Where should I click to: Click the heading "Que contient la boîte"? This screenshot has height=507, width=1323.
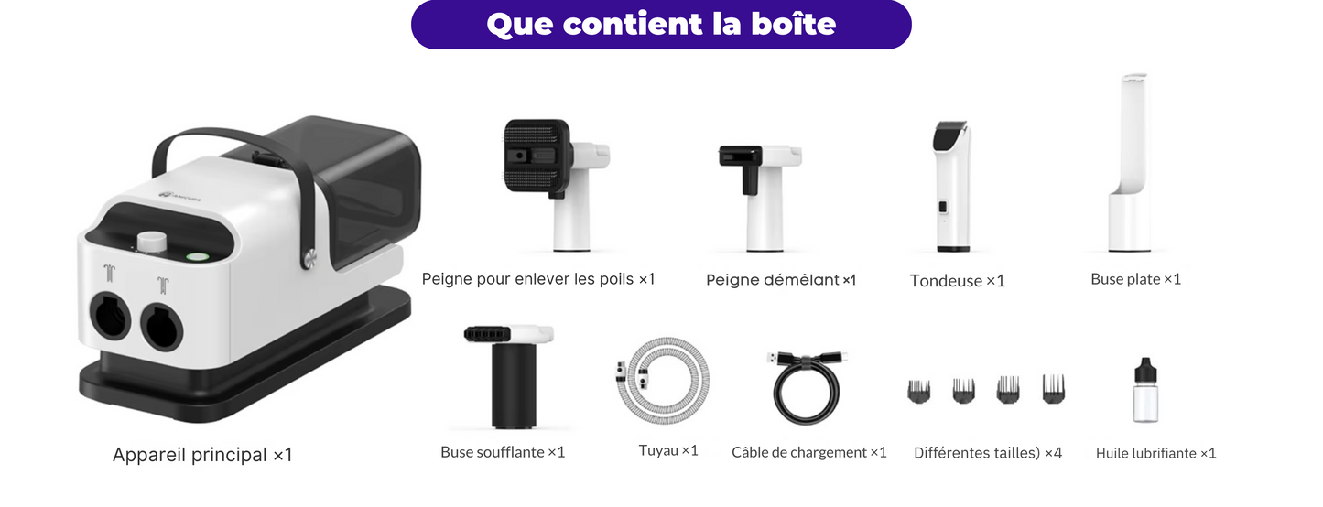point(661,24)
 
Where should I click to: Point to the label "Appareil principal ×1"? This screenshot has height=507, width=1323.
point(202,455)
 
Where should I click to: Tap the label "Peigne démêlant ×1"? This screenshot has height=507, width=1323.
point(781,280)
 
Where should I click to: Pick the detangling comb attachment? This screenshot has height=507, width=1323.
point(760,193)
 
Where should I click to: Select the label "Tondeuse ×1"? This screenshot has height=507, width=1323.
point(957,281)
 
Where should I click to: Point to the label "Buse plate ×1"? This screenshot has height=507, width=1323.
point(1135,279)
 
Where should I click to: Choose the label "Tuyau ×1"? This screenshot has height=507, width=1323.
point(668,450)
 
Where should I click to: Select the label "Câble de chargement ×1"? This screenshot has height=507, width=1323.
point(809,452)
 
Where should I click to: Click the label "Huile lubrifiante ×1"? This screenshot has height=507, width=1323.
point(1155,453)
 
